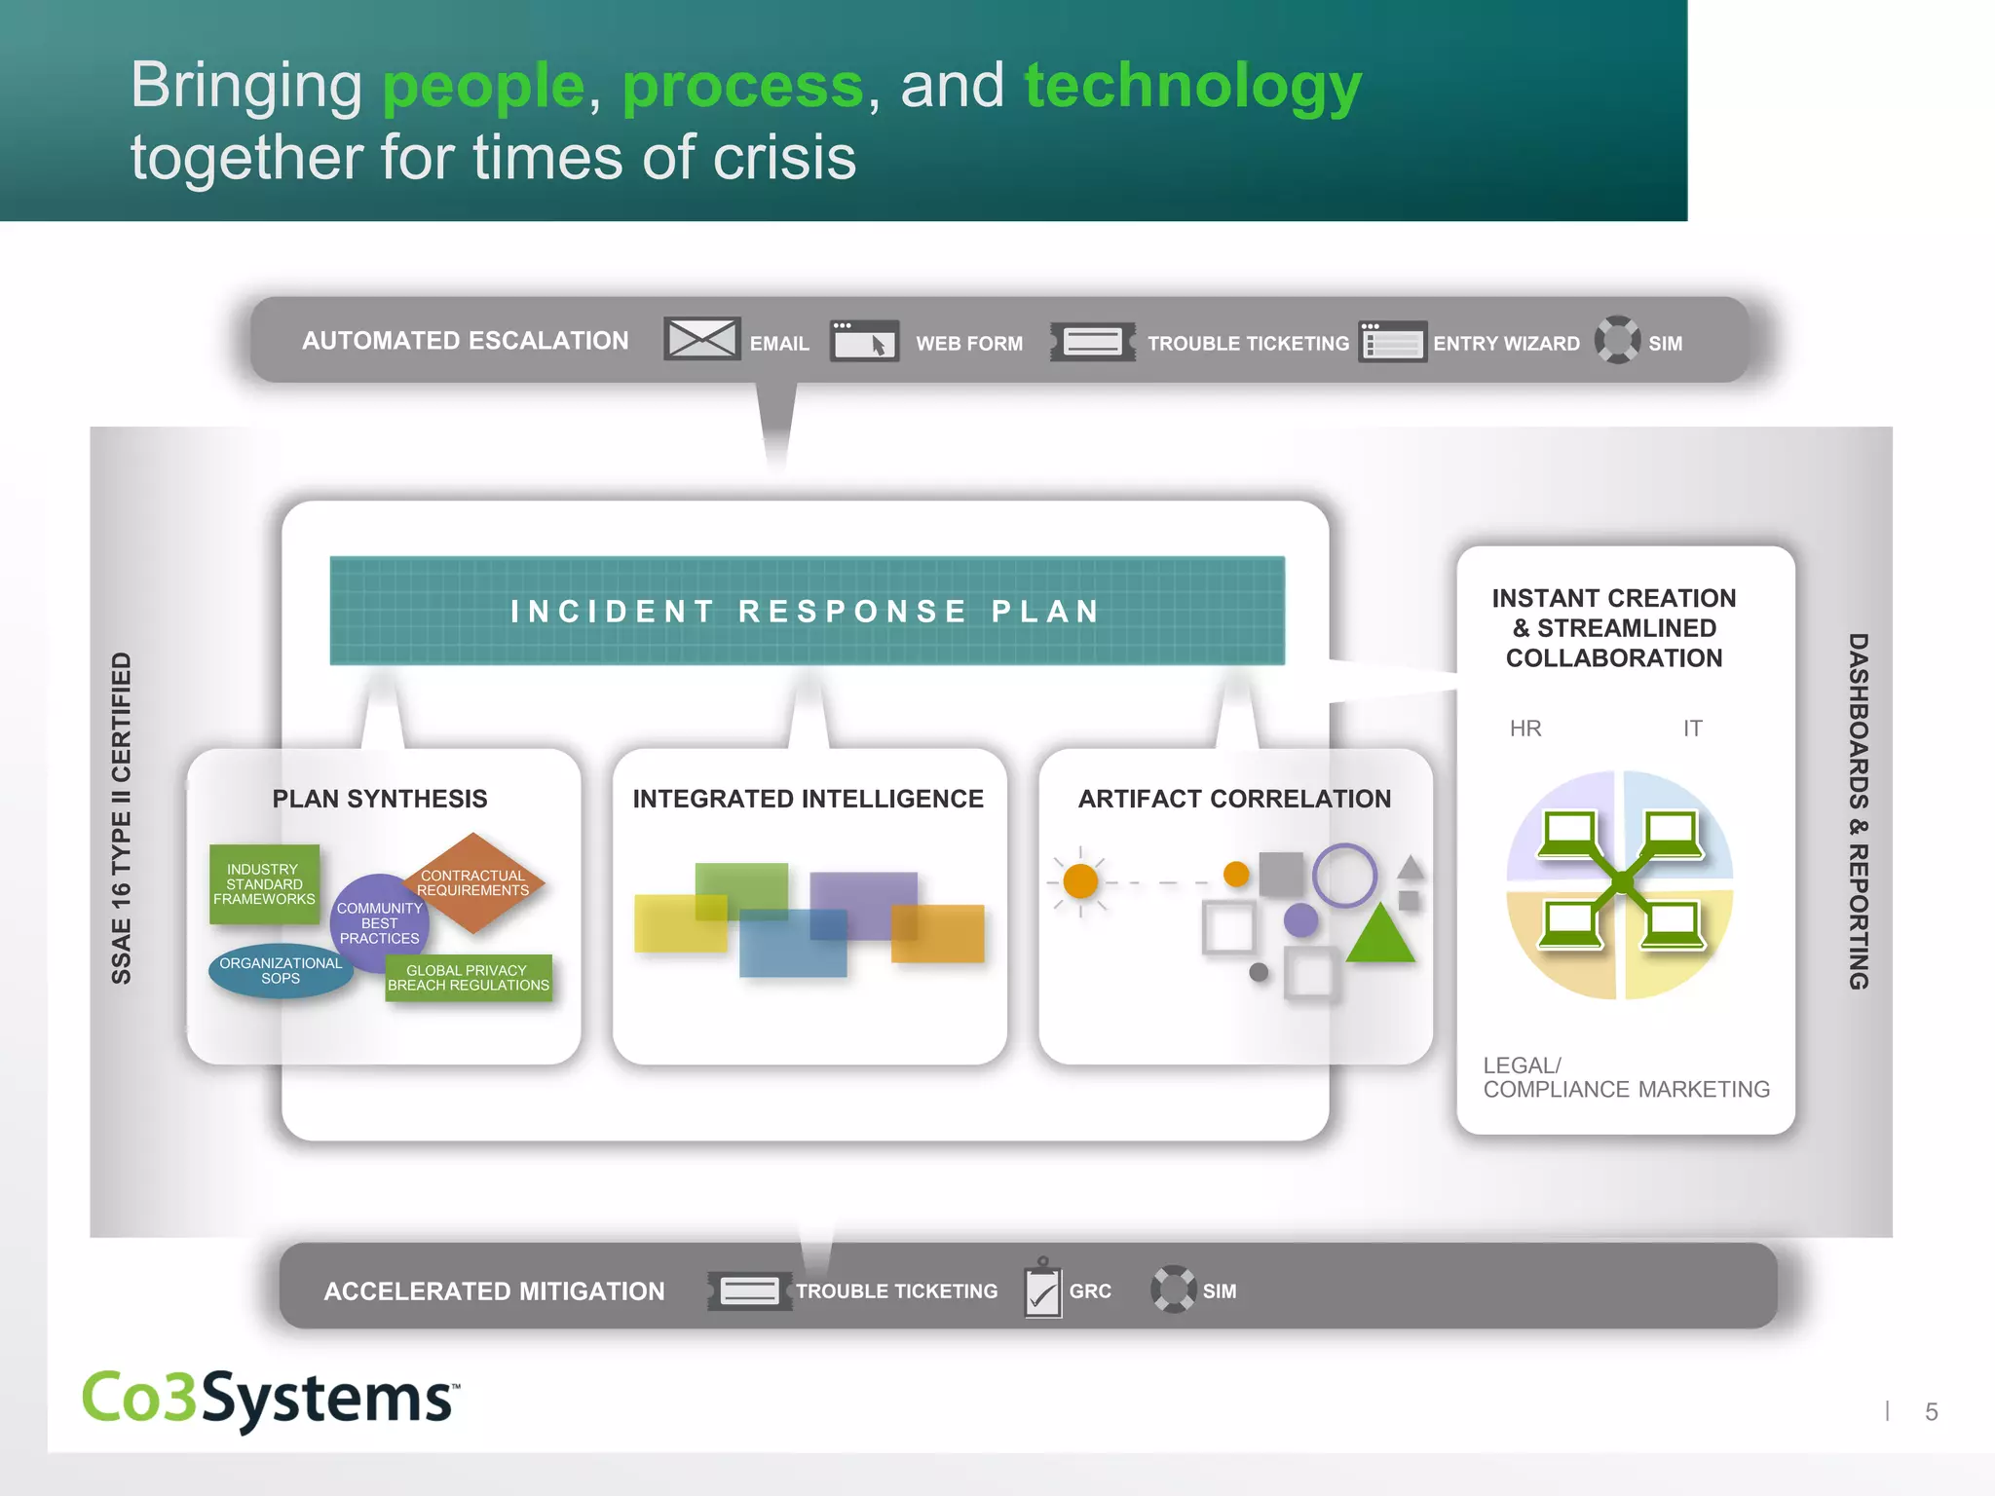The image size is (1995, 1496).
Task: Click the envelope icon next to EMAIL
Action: point(701,339)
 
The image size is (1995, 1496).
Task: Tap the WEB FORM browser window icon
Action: point(864,341)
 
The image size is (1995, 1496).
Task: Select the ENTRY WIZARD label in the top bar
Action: point(1506,344)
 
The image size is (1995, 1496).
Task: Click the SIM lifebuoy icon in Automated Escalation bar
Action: point(1617,340)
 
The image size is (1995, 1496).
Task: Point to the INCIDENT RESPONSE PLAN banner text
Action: point(807,611)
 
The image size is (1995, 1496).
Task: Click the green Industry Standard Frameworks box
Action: point(264,883)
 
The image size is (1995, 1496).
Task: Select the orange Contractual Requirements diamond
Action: point(474,881)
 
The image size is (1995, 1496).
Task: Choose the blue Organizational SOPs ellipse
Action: point(281,971)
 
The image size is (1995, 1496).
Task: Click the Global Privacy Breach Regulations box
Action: point(469,978)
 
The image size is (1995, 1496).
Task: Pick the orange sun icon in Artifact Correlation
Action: point(1080,881)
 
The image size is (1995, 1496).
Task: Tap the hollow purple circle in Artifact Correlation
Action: point(1344,876)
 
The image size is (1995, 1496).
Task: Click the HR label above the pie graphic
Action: point(1525,729)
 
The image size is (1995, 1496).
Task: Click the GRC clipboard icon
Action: point(1042,1290)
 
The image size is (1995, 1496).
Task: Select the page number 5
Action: point(1931,1411)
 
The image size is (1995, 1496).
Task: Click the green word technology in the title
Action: point(1192,86)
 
